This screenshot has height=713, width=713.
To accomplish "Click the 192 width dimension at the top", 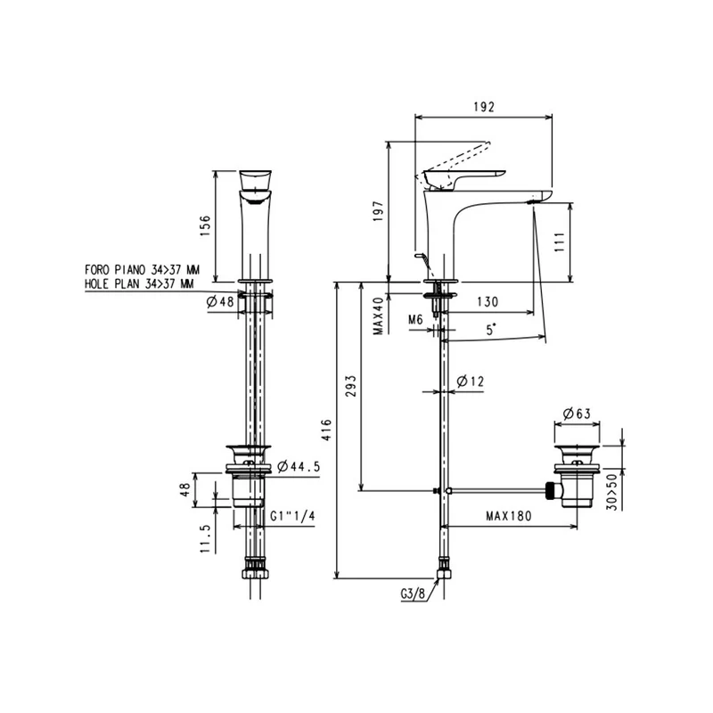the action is tap(483, 107).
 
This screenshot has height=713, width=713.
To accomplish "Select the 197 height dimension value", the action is tap(378, 211).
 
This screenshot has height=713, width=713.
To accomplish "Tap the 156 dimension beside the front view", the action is tap(205, 225).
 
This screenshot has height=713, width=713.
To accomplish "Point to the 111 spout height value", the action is tap(560, 242).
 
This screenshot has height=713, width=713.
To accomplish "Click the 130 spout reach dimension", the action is tap(488, 302).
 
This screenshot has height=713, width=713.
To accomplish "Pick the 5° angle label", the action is tap(491, 329).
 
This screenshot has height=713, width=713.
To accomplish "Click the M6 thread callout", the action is tap(415, 320).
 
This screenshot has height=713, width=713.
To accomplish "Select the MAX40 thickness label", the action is tap(378, 316).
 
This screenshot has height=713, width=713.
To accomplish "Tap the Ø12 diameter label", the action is tap(471, 381).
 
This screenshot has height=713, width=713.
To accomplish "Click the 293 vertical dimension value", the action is tap(350, 386).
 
